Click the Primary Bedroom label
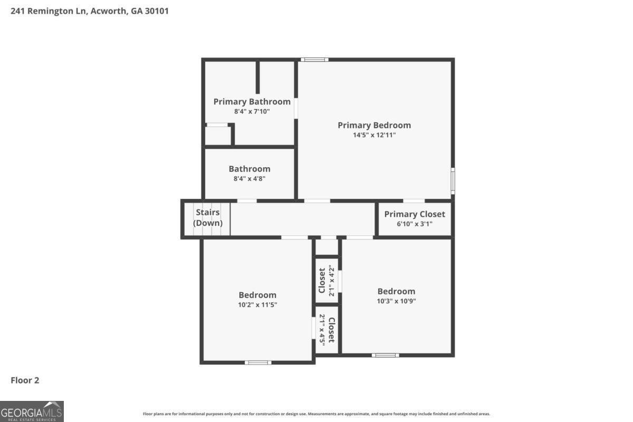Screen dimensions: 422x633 [x=374, y=125]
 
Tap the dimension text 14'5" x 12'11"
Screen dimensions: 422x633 [x=374, y=135]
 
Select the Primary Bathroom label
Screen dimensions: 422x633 [x=252, y=101]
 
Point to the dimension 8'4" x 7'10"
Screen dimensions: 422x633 [x=252, y=111]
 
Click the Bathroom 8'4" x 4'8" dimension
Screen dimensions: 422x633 [x=249, y=178]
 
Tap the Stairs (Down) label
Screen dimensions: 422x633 [x=207, y=217]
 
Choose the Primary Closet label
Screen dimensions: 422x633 [x=414, y=214]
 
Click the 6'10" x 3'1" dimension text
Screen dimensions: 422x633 [x=414, y=224]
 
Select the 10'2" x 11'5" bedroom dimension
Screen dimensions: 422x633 [x=257, y=304]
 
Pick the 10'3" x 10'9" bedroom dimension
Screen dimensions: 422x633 [x=396, y=301]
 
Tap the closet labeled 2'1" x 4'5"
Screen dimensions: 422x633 [x=327, y=330]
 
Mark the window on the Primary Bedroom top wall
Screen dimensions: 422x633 [x=314, y=59]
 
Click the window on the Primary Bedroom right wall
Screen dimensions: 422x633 [x=453, y=180]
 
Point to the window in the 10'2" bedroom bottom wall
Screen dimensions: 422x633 [x=258, y=362]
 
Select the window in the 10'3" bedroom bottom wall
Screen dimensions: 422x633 [x=385, y=355]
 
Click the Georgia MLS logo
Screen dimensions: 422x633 [x=32, y=411]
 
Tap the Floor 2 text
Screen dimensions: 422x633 [x=25, y=380]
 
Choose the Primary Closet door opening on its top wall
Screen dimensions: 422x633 [x=414, y=201]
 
